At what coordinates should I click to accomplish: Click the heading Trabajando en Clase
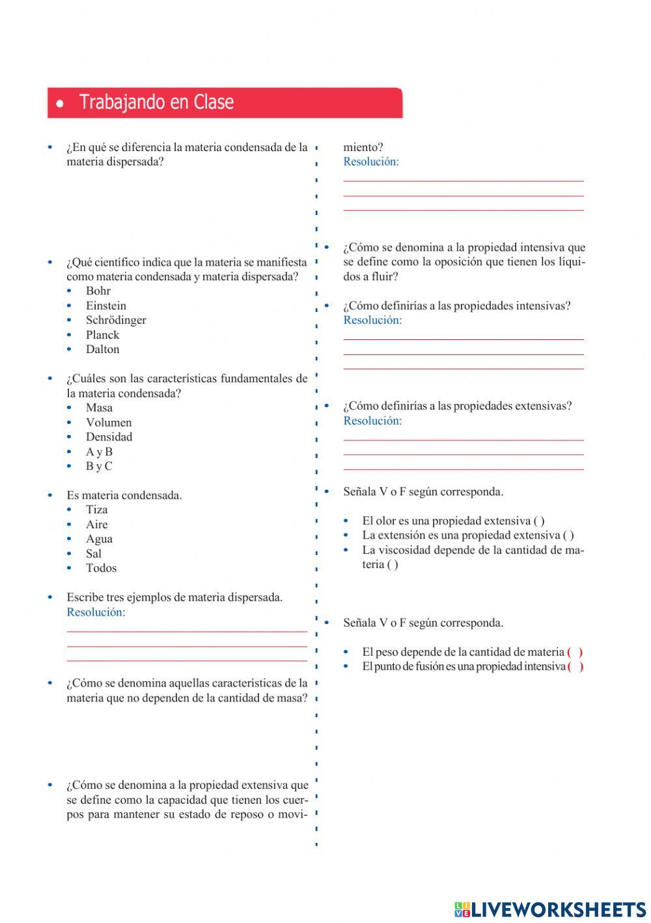[156, 102]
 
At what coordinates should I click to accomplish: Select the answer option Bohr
[98, 291]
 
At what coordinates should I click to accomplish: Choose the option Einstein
[105, 305]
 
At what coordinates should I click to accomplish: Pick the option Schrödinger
[116, 320]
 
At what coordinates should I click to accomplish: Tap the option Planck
[102, 335]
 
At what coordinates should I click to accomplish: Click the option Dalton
[102, 349]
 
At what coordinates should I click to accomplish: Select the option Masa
[99, 408]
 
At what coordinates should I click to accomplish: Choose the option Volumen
[108, 422]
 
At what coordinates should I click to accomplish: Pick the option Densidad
[109, 437]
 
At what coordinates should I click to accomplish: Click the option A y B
[99, 451]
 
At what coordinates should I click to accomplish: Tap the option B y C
[99, 466]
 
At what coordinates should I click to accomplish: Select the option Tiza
[96, 510]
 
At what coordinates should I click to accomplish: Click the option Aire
[96, 524]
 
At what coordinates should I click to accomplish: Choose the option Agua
[99, 539]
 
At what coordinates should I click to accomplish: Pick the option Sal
[94, 554]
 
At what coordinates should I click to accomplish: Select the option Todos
[101, 568]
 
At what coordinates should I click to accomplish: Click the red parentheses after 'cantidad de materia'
[575, 652]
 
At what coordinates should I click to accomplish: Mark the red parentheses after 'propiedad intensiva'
[575, 666]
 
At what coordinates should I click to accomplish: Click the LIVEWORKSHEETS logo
[550, 909]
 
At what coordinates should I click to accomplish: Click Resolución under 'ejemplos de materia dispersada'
[96, 612]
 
